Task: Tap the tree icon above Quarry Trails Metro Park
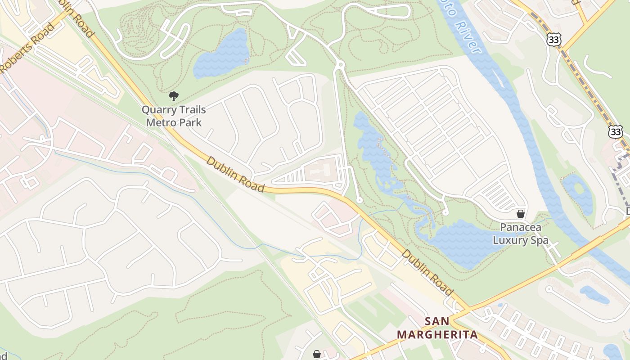(173, 96)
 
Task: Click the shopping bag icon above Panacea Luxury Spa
(521, 214)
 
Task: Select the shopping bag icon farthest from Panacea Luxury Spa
(317, 354)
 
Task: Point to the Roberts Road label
(27, 48)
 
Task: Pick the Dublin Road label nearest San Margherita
(427, 273)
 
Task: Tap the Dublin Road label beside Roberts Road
(76, 19)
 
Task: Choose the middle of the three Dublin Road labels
(235, 174)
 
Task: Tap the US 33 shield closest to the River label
(554, 40)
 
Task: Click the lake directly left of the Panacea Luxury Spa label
(463, 243)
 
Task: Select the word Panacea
(521, 228)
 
